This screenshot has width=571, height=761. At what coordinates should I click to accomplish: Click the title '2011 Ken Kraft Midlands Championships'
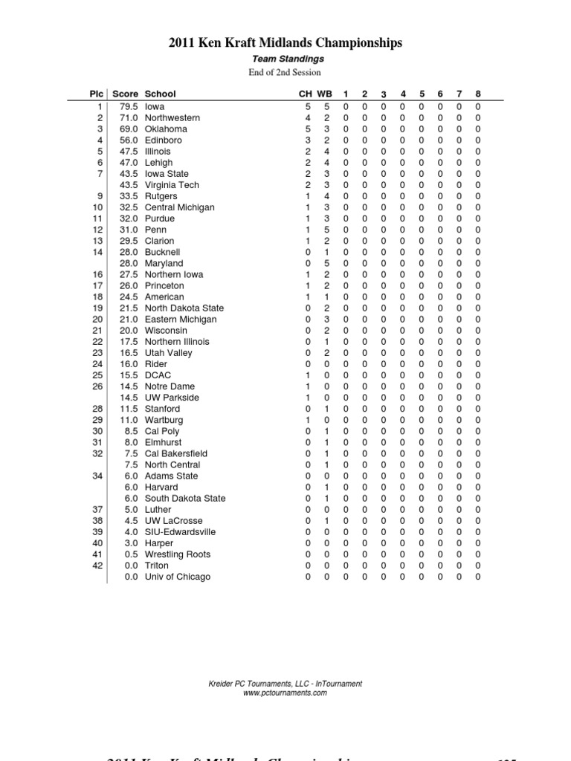[285, 43]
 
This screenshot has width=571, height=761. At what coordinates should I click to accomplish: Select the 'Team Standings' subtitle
[285, 59]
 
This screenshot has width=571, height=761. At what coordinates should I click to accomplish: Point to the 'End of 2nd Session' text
[285, 72]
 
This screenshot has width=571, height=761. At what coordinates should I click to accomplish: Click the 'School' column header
[161, 94]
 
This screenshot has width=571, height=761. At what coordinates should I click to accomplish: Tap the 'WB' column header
[325, 94]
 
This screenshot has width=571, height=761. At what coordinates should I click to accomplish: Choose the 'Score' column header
[125, 94]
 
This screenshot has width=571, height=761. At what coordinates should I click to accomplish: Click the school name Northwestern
[172, 117]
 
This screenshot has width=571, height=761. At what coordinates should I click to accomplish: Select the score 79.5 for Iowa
[129, 106]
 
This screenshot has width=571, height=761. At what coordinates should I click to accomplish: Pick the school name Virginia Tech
[172, 185]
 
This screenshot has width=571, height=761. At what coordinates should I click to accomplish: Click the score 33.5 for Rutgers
[129, 196]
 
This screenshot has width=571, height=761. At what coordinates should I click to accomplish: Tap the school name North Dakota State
[184, 308]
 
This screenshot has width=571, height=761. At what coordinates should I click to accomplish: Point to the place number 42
[97, 566]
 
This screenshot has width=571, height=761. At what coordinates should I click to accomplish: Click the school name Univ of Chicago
[178, 577]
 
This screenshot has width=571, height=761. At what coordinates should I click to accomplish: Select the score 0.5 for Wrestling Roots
[131, 554]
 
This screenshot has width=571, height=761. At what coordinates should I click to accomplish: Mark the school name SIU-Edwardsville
[181, 532]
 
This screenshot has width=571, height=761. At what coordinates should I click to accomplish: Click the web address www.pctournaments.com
[285, 693]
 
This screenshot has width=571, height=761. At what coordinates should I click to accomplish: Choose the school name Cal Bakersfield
[176, 453]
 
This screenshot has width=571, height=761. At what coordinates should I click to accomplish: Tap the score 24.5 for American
[129, 297]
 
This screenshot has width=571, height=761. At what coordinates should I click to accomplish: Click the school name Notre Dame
[170, 386]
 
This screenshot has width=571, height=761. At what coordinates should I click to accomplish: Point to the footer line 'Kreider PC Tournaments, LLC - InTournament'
[285, 684]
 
